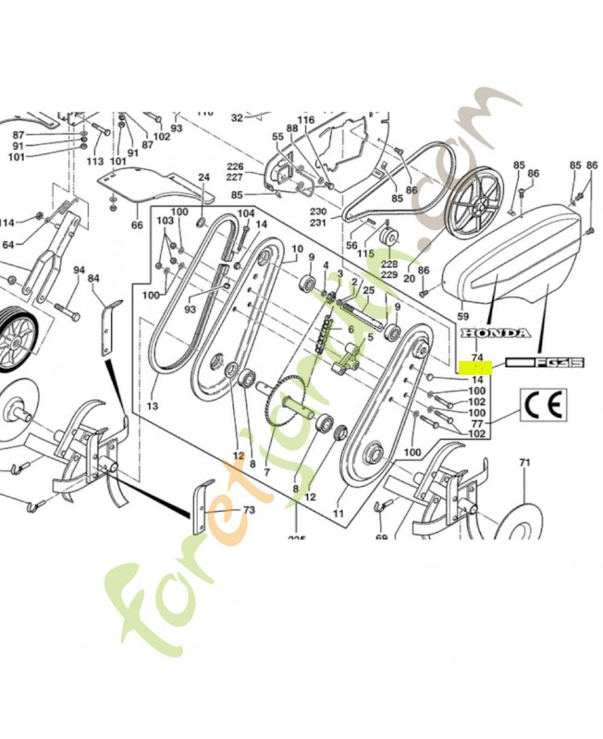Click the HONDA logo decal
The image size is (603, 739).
pyautogui.click(x=495, y=333)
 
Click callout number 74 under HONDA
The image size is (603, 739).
pyautogui.click(x=477, y=355)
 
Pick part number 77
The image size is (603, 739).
pyautogui.click(x=477, y=423)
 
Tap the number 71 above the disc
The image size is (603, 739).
pyautogui.click(x=524, y=462)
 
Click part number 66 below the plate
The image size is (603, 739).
pyautogui.click(x=137, y=224)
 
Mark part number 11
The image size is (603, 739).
pyautogui.click(x=338, y=513)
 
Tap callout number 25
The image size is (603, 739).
pyautogui.click(x=368, y=290)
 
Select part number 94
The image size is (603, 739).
pyautogui.click(x=80, y=269)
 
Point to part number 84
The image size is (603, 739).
pyautogui.click(x=93, y=277)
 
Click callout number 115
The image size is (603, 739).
pyautogui.click(x=365, y=253)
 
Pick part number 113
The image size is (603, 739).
pyautogui.click(x=95, y=160)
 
